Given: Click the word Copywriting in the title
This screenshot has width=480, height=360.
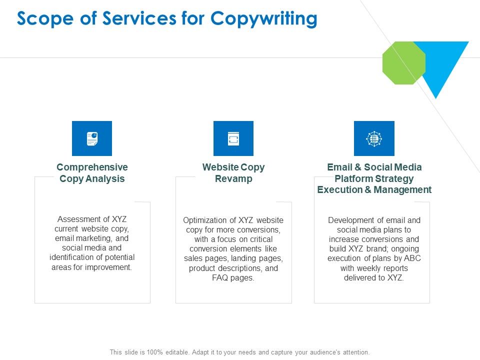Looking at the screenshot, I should pos(263,18).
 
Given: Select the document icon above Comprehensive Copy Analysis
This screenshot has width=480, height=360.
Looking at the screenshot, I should pos(92,138).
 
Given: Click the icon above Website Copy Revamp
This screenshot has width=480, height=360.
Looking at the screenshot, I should pos(233,138).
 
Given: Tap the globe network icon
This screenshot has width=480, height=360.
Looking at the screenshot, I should pos(374,138).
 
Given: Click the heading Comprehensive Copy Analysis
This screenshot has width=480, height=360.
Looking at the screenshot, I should pos(92,173).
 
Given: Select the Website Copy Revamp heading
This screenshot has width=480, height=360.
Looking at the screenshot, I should pos(233,173).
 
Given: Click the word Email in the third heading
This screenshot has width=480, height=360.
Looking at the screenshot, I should pos(339,167).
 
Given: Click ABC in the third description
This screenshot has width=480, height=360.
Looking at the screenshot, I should pos(412,258).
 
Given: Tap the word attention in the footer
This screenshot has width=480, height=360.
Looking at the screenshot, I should pos(354,352).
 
